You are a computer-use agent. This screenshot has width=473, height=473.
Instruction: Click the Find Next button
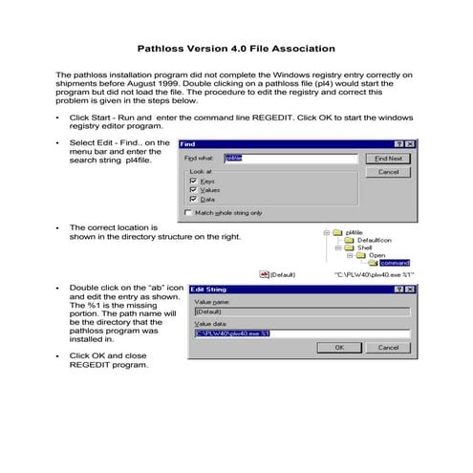(388, 158)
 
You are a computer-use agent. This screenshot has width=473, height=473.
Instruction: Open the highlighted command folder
(394, 262)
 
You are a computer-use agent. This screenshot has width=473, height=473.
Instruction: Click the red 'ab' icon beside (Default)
(264, 273)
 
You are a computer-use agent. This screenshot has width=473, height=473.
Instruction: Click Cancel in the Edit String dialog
(388, 348)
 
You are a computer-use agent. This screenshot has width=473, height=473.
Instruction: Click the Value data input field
(301, 333)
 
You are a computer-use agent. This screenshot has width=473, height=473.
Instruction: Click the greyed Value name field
(301, 311)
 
